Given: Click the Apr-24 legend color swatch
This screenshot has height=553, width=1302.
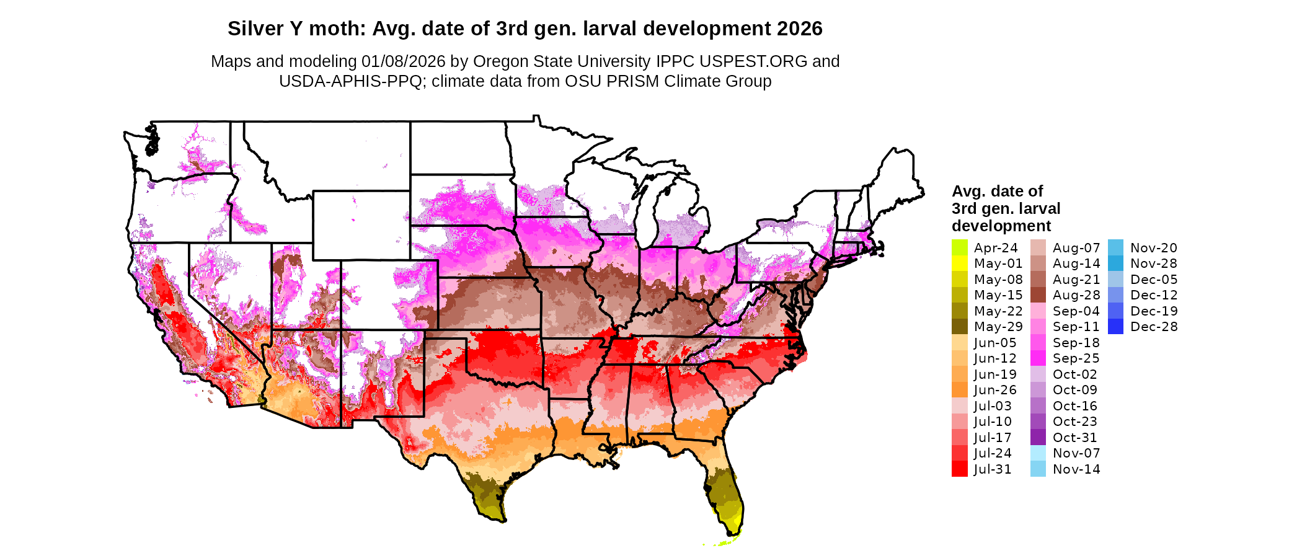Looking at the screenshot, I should click(959, 247).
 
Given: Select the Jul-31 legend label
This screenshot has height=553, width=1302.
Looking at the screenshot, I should click(993, 469).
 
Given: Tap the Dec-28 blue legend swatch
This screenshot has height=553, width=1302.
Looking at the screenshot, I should click(1115, 327).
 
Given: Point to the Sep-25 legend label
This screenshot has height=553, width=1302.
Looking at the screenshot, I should click(1076, 358).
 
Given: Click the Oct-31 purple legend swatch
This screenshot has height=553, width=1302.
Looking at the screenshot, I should click(1038, 438).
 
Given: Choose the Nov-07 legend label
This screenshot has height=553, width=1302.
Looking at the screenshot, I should click(1076, 453).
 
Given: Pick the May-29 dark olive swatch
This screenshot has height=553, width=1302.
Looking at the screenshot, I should click(959, 327).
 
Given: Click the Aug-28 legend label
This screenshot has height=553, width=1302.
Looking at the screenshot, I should click(1076, 295).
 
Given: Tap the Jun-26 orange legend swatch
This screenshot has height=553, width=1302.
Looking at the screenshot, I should click(959, 390).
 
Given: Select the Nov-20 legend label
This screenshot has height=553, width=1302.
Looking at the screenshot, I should click(1153, 248).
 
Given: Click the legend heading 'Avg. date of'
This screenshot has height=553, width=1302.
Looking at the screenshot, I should click(997, 191).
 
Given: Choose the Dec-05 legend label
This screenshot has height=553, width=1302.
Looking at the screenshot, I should click(1153, 280).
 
